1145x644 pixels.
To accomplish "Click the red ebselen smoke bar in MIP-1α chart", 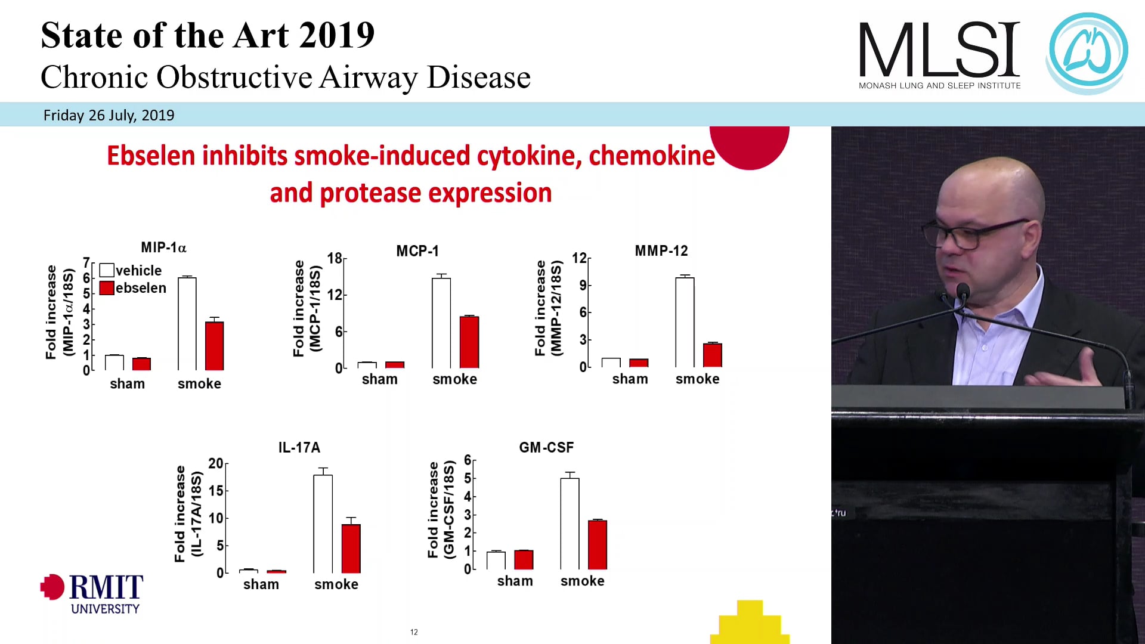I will pos(214,346).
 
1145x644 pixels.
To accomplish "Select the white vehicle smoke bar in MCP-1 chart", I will pos(441,323).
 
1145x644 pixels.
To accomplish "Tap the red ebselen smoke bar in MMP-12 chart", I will pos(712,355).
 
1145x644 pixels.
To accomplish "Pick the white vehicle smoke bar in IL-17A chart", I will pos(323,524).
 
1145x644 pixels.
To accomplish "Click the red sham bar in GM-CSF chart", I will pos(524,559).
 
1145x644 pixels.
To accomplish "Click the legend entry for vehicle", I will pos(131,270).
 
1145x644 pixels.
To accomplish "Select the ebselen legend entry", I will pos(133,288).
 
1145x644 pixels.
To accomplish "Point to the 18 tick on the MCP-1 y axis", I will pos(335,258).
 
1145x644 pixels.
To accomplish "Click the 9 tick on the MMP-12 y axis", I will pos(583,285).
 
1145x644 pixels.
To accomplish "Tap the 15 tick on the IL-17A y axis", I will pos(216,491).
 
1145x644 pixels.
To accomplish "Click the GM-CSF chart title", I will pos(546,447).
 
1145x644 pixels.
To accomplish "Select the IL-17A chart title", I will pos(299,447).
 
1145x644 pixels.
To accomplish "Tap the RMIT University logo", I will pos(92,593).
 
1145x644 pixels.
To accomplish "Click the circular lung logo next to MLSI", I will pos(1088,52).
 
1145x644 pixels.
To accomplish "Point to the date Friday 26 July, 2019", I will pos(109,115).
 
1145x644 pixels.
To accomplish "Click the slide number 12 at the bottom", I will pos(414,632).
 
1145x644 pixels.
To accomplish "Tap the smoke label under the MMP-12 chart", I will pos(697,379).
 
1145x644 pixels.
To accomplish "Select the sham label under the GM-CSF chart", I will pos(515,581).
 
